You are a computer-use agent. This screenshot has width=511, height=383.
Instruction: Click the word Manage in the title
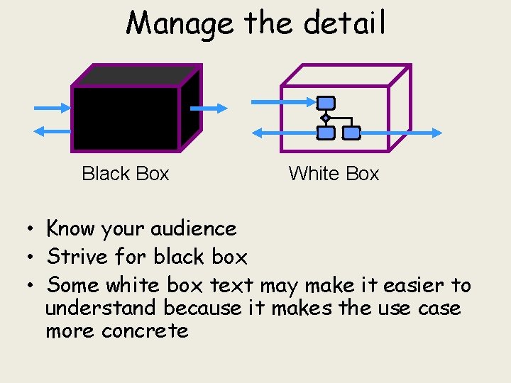click(179, 23)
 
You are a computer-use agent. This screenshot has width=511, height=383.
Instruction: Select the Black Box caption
click(126, 174)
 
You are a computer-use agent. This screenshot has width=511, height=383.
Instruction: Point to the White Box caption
click(334, 174)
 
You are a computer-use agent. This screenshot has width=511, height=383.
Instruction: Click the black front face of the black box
click(126, 118)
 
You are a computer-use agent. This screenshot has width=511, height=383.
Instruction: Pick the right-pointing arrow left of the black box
click(53, 108)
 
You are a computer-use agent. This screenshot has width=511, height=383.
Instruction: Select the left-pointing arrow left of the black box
click(53, 131)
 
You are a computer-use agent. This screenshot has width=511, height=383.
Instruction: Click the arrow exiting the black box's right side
click(209, 109)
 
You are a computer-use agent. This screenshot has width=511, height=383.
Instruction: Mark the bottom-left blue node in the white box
click(326, 133)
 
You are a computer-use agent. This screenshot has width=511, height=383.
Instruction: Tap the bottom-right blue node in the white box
click(351, 133)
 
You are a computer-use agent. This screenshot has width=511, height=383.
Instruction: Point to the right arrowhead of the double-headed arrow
click(436, 133)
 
